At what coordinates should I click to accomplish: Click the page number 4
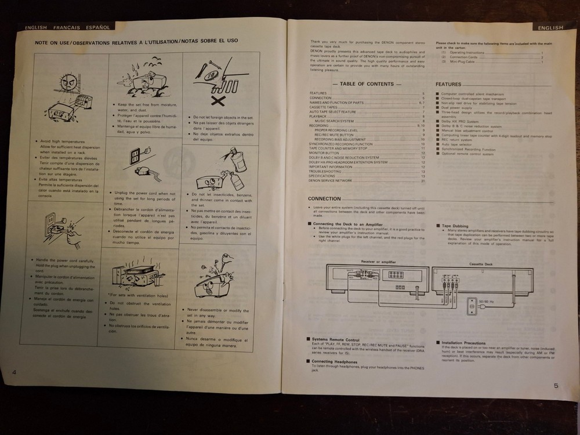pyautogui.click(x=13, y=371)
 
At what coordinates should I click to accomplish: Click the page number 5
pyautogui.click(x=556, y=385)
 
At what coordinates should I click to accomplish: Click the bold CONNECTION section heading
pyautogui.click(x=324, y=198)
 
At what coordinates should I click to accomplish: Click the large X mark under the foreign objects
pyautogui.click(x=218, y=102)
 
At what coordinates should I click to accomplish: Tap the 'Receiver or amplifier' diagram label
pyautogui.click(x=378, y=261)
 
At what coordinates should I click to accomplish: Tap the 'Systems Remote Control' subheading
pyautogui.click(x=336, y=339)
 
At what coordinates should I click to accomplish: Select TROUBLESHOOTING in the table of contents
pyautogui.click(x=325, y=171)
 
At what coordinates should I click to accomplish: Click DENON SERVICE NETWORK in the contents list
pyautogui.click(x=330, y=180)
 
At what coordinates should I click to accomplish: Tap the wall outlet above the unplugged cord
pyautogui.click(x=135, y=156)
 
